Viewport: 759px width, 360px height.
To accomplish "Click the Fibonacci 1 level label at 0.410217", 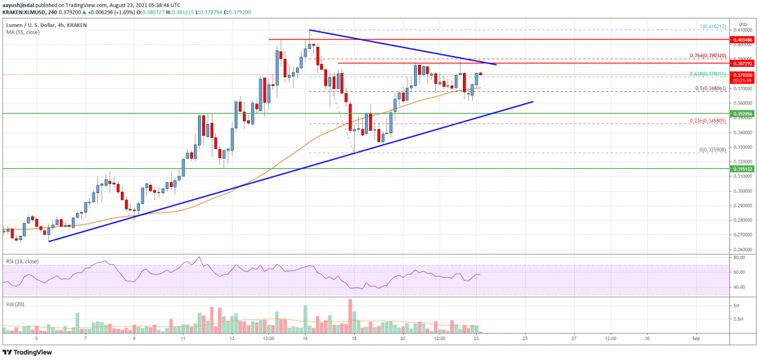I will point(702,27).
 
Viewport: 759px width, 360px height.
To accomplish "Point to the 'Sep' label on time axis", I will point(696,339).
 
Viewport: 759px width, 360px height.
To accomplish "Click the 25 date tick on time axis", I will point(525,339).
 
